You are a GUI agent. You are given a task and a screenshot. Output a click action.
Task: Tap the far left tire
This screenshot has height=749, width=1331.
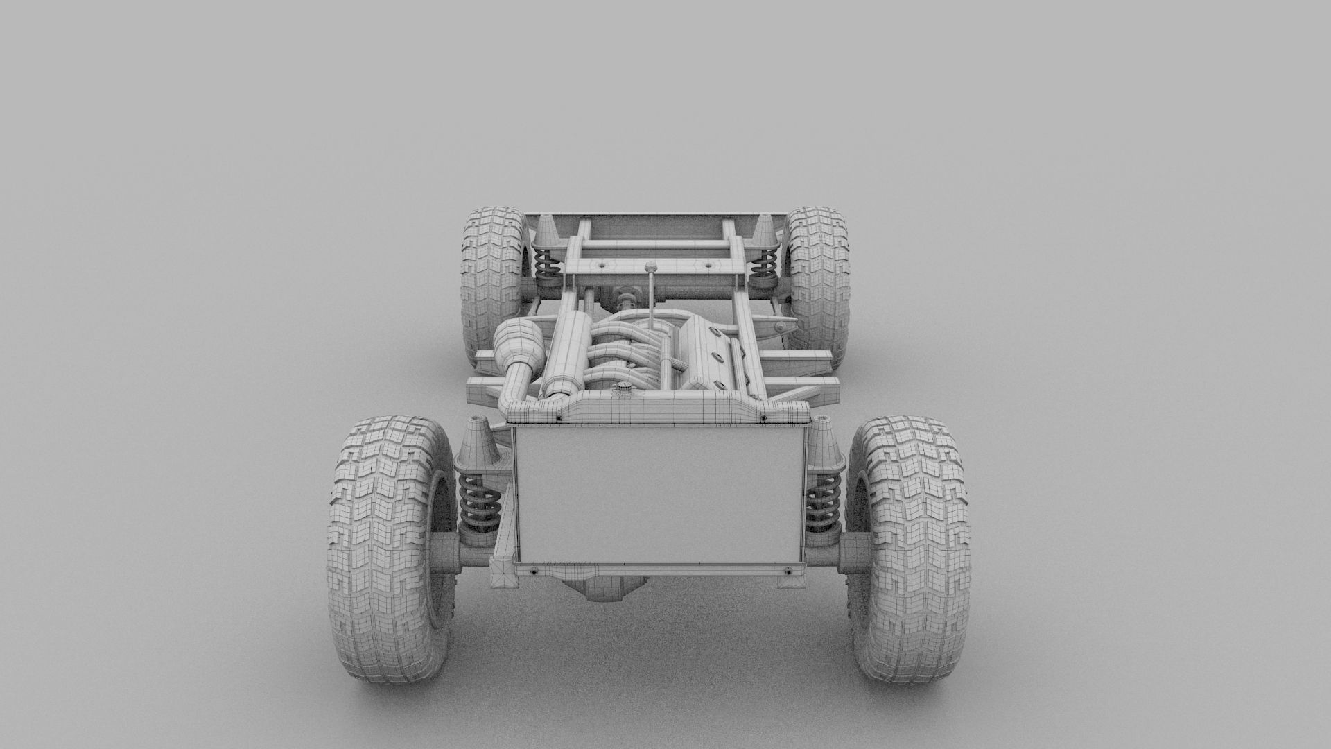[x=492, y=277]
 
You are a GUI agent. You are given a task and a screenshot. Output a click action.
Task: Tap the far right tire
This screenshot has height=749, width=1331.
[x=818, y=277]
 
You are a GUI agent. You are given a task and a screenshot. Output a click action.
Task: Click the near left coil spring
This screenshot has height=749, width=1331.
[x=479, y=503]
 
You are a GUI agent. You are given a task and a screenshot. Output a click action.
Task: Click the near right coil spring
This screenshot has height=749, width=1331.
[x=824, y=503]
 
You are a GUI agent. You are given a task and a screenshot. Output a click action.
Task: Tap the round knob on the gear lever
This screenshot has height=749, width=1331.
[x=650, y=267]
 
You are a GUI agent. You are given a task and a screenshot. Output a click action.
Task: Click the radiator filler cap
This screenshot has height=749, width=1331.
[x=623, y=391]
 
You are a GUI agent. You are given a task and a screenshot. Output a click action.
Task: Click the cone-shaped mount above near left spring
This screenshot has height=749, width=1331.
[x=477, y=444]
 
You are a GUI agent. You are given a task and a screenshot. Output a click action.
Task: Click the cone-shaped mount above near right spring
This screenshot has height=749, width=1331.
[x=823, y=444]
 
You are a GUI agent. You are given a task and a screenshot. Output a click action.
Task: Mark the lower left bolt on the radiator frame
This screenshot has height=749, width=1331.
[x=534, y=571]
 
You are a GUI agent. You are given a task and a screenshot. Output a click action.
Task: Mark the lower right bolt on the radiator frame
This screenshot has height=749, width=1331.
[x=789, y=571]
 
